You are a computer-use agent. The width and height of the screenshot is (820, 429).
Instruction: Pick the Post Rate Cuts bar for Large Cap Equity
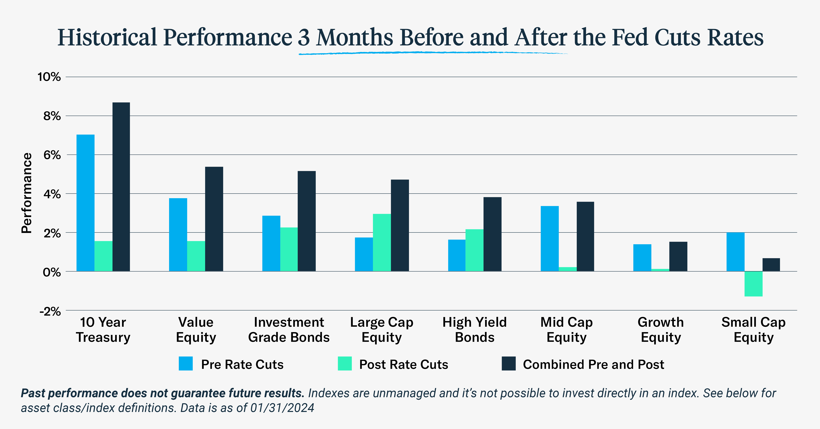(382, 242)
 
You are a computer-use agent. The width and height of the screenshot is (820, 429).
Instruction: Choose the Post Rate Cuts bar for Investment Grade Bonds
(289, 249)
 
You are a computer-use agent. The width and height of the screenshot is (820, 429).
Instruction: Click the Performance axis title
(27, 193)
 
